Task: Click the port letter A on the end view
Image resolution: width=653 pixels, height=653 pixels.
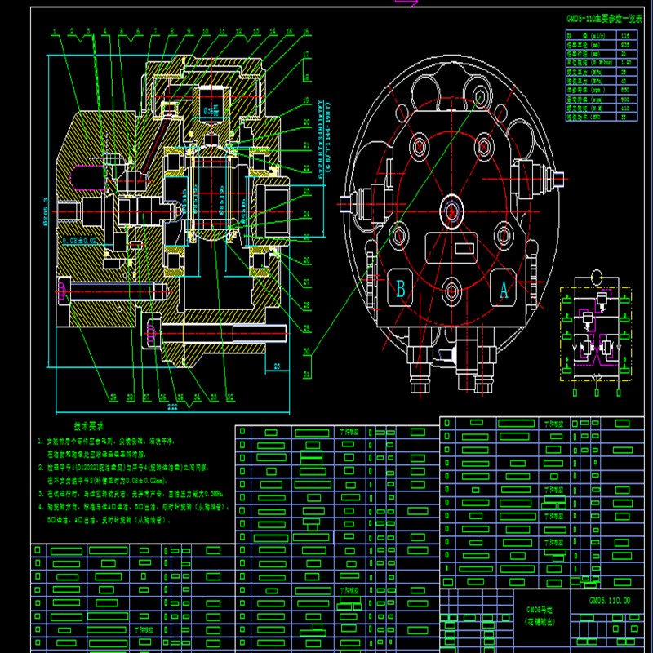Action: click(503, 287)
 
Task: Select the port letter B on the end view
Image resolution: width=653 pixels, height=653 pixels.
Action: click(401, 288)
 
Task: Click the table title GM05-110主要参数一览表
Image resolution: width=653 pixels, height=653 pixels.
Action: click(604, 17)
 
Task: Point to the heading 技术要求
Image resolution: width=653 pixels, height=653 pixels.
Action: click(88, 426)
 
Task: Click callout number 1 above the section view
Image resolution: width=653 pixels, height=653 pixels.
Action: click(53, 32)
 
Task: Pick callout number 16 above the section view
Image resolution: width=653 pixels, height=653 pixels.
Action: click(304, 32)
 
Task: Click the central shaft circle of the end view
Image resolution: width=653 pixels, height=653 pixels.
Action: click(451, 210)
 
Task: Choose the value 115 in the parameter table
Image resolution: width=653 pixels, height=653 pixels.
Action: click(625, 36)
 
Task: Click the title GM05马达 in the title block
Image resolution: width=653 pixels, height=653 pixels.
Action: click(534, 609)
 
